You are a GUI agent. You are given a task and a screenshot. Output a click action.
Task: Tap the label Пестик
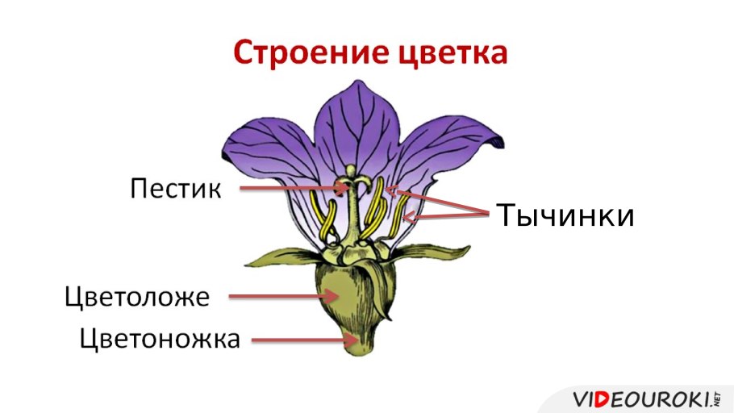pyautogui.click(x=175, y=189)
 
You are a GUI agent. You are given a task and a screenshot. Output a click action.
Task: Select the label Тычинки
pyautogui.click(x=565, y=215)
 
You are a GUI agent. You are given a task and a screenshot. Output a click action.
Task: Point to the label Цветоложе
pyautogui.click(x=137, y=297)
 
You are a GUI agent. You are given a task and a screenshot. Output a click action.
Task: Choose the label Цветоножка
pyautogui.click(x=160, y=339)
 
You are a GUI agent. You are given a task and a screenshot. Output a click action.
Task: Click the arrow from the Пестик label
pyautogui.click(x=290, y=189)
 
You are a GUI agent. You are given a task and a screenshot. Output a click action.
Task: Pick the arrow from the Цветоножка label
pyautogui.click(x=298, y=340)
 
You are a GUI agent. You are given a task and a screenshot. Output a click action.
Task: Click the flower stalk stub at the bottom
pyautogui.click(x=358, y=342)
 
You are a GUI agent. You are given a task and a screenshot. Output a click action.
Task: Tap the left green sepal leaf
pyautogui.click(x=282, y=257)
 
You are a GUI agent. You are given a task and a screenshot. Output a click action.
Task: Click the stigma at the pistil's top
pyautogui.click(x=350, y=171)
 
